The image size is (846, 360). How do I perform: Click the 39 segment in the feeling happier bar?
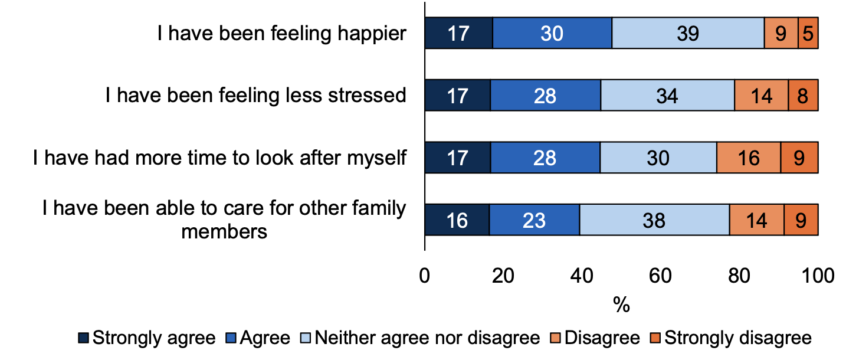pos(688,33)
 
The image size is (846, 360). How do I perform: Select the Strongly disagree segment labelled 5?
pos(808,33)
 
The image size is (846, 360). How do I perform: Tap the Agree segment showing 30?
pos(552,33)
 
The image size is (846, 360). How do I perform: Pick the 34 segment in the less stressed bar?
pos(667,95)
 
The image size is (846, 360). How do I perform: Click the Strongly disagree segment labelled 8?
pos(803,95)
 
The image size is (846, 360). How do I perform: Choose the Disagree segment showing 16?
pos(748,158)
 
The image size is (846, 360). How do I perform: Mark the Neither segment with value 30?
pos(658,158)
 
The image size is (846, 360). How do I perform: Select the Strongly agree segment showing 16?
pos(457,220)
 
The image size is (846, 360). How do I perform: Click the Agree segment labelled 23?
pos(534,220)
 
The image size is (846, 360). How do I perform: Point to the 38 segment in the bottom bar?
pos(654,220)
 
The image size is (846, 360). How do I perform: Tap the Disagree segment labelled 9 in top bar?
pos(781,33)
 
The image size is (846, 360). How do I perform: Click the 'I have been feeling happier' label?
pos(281,33)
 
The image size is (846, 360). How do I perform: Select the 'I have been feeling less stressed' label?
pos(256,95)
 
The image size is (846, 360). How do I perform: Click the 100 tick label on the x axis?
pos(817,276)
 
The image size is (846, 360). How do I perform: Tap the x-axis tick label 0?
pos(425,276)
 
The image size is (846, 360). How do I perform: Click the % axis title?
pos(621,305)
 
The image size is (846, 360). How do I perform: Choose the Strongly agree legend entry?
pos(147,338)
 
